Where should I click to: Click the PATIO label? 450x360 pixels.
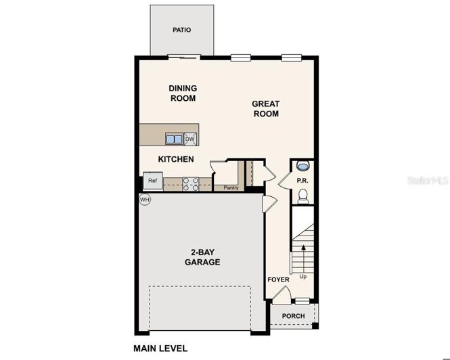(x=181, y=30)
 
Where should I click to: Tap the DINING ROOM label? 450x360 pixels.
(x=182, y=93)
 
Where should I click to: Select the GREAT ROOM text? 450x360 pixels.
(x=266, y=109)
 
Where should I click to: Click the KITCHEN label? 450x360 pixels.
(x=176, y=159)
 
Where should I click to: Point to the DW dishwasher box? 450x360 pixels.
(x=191, y=139)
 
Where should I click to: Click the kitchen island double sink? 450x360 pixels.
(x=175, y=139)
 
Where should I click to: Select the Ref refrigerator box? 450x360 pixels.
(x=152, y=181)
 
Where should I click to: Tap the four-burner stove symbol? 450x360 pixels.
(x=189, y=183)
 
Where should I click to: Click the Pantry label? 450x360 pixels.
(x=231, y=187)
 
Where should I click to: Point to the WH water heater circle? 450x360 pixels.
(x=144, y=200)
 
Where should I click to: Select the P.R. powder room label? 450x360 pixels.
(x=302, y=181)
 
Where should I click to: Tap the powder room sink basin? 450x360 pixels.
(x=303, y=165)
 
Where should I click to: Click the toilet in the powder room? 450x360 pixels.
(x=303, y=196)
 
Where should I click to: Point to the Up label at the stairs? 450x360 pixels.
(x=302, y=277)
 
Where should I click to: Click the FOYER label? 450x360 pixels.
(x=278, y=279)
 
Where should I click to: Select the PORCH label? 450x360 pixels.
(x=294, y=316)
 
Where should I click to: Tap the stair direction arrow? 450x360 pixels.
(x=302, y=257)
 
